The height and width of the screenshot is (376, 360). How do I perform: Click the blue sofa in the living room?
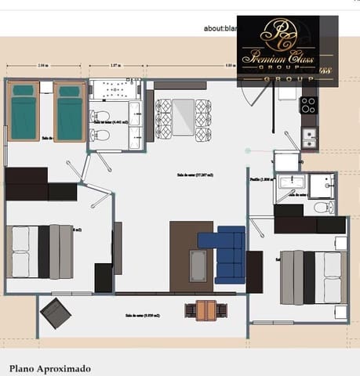[227, 254]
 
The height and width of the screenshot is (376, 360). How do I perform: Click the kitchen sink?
[310, 139]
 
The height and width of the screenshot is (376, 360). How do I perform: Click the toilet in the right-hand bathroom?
[322, 208]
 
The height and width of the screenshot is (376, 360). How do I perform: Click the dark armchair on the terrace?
[55, 313]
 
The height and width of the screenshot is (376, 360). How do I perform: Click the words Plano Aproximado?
[49, 367]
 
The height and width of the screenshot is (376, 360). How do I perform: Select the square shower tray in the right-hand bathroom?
[321, 186]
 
